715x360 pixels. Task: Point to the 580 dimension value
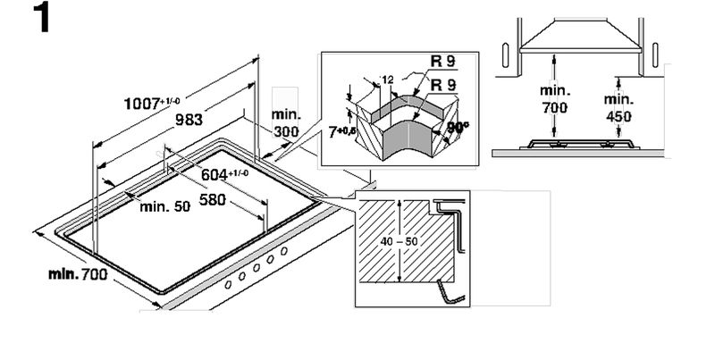[212, 198]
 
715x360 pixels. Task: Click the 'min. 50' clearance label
[165, 206]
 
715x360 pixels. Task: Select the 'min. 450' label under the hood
[618, 107]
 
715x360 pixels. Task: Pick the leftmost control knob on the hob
[228, 283]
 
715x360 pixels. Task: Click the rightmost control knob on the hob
[284, 252]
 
